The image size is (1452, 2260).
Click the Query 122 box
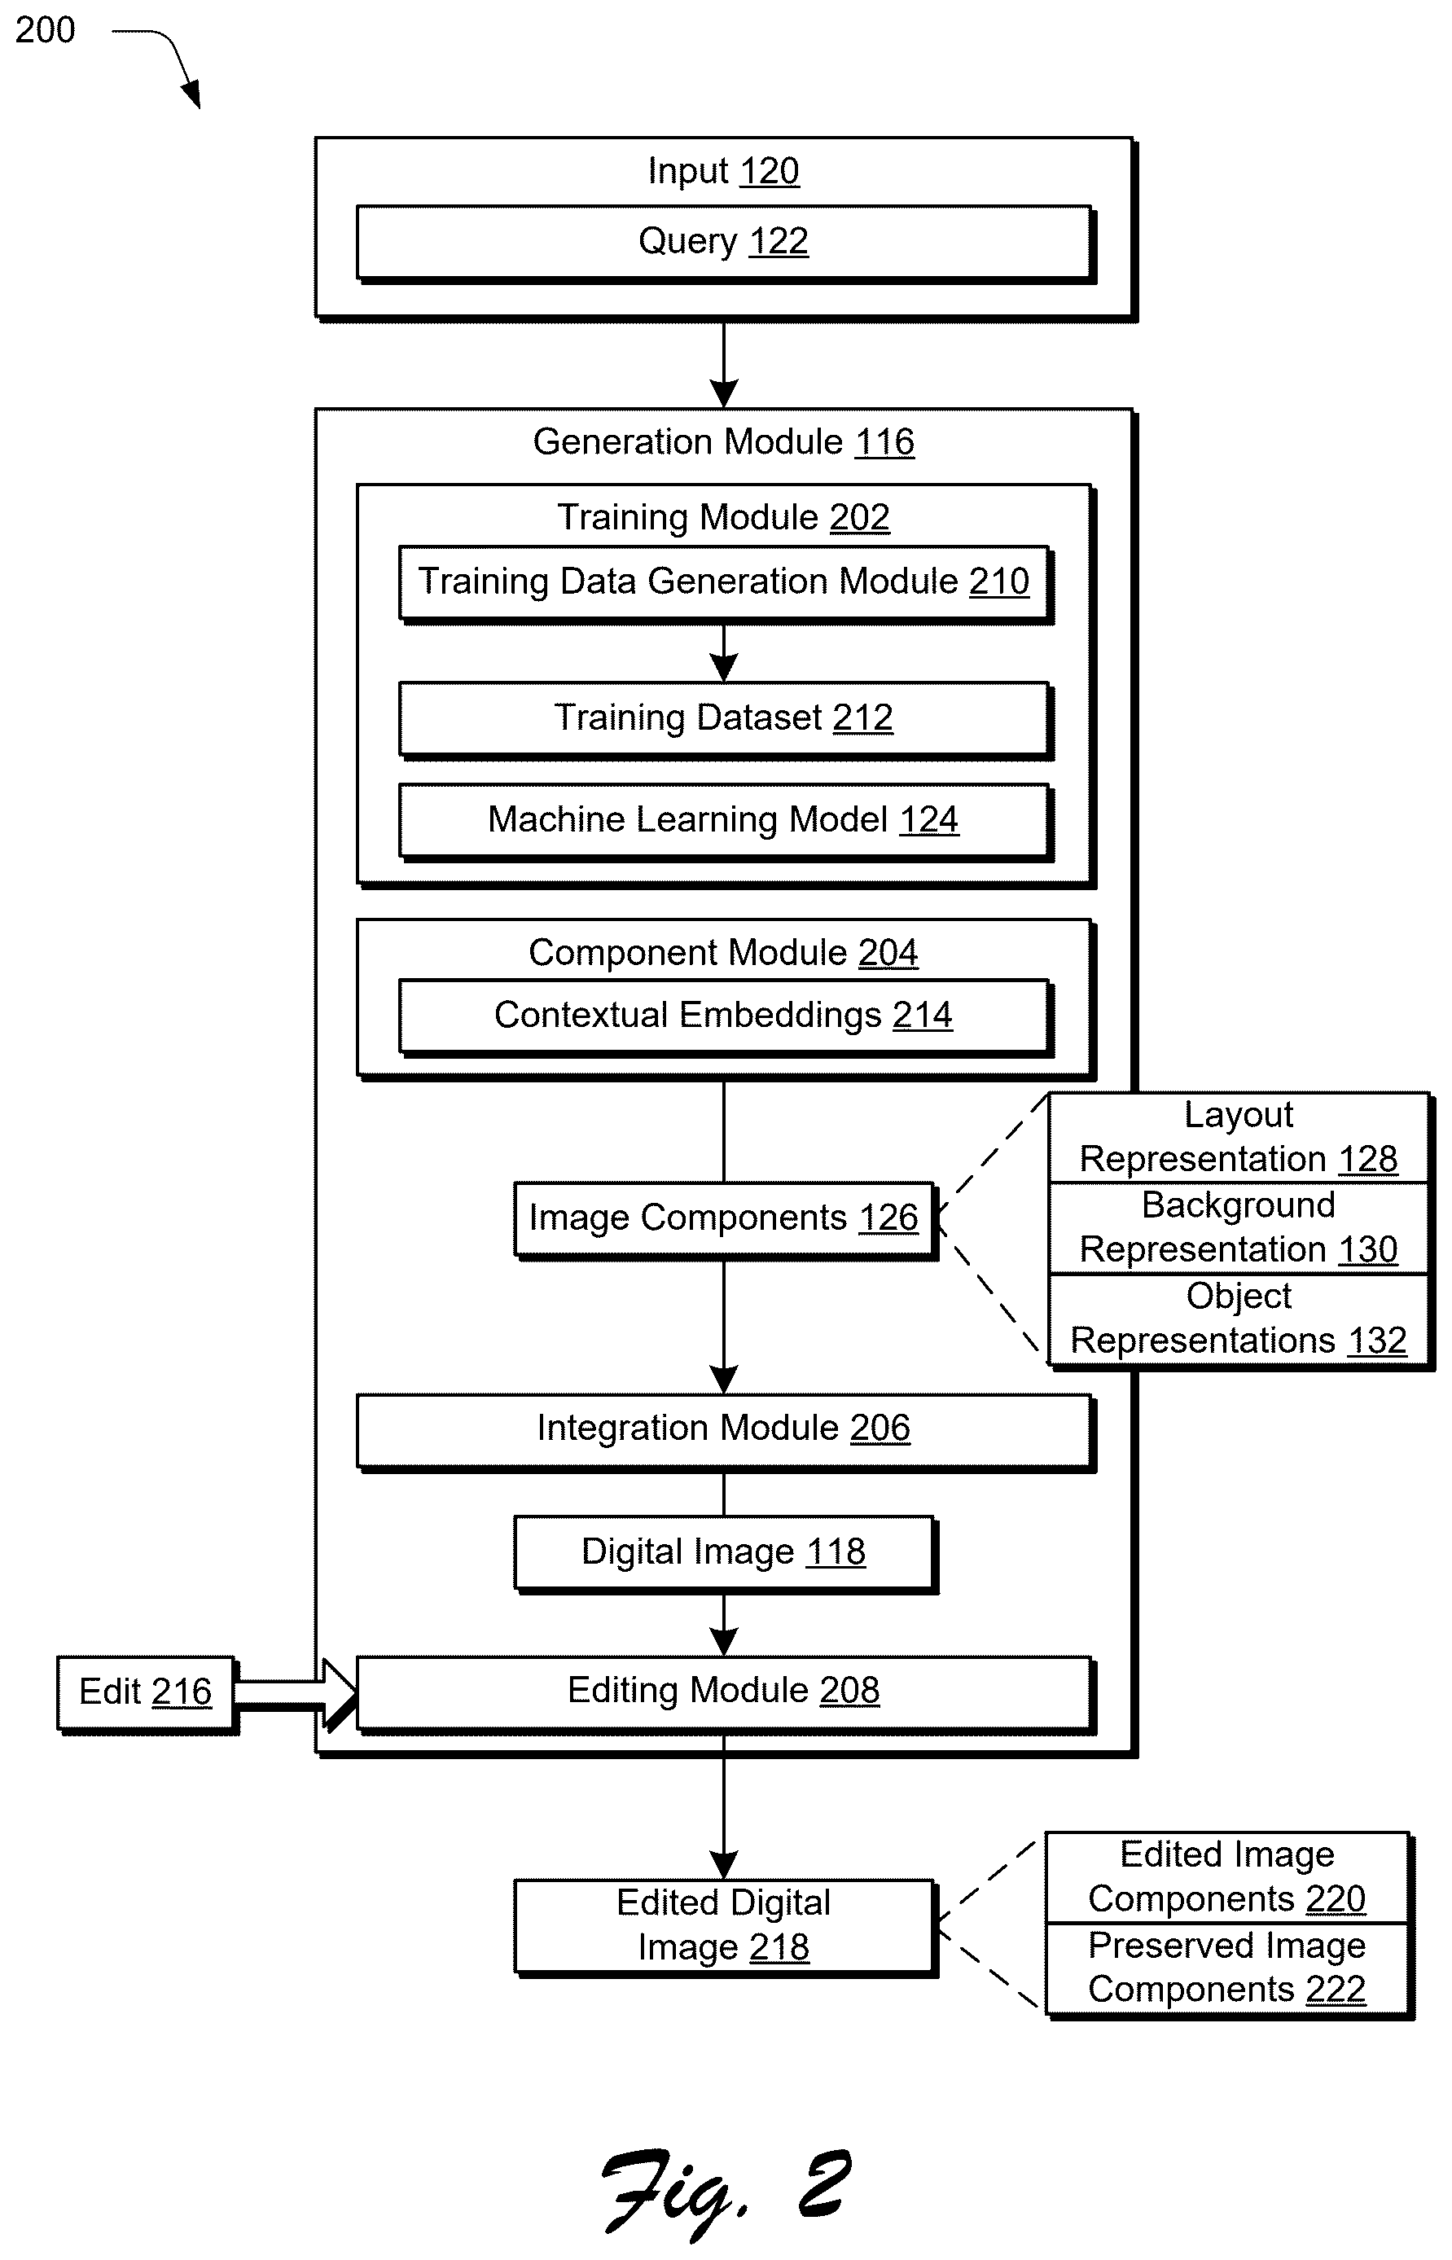(x=724, y=243)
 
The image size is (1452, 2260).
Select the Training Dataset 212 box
(x=724, y=718)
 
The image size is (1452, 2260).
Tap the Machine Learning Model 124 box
(x=724, y=820)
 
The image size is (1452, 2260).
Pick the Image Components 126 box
(x=724, y=1218)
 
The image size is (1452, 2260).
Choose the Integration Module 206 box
(x=724, y=1429)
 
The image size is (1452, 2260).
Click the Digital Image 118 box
(x=724, y=1553)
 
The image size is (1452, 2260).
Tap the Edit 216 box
(x=146, y=1693)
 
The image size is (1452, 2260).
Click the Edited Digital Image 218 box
(x=724, y=1926)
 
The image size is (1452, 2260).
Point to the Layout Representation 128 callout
(x=1239, y=1138)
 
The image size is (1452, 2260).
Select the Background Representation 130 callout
(x=1239, y=1228)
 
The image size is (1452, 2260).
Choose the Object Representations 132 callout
(x=1239, y=1320)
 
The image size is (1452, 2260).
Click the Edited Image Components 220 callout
(x=1226, y=1877)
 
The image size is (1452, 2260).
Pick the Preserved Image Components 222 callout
(x=1226, y=1968)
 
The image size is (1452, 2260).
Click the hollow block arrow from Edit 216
(x=295, y=1693)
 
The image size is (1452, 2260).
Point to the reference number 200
(x=46, y=30)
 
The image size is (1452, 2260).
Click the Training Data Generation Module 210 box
(x=724, y=582)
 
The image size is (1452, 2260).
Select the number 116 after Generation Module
(x=884, y=442)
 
